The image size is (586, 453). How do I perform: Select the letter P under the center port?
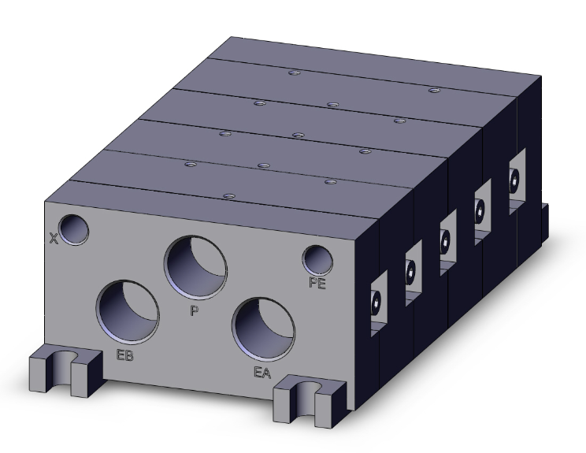coord(194,310)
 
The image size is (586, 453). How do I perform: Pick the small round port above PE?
coord(317,258)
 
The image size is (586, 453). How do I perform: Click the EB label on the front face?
coord(124,355)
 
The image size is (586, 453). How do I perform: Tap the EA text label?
coord(262,372)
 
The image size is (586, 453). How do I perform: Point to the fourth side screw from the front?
coord(479,210)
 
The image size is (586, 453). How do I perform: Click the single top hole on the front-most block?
coord(228,195)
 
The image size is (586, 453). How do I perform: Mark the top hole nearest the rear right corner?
coord(432,91)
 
